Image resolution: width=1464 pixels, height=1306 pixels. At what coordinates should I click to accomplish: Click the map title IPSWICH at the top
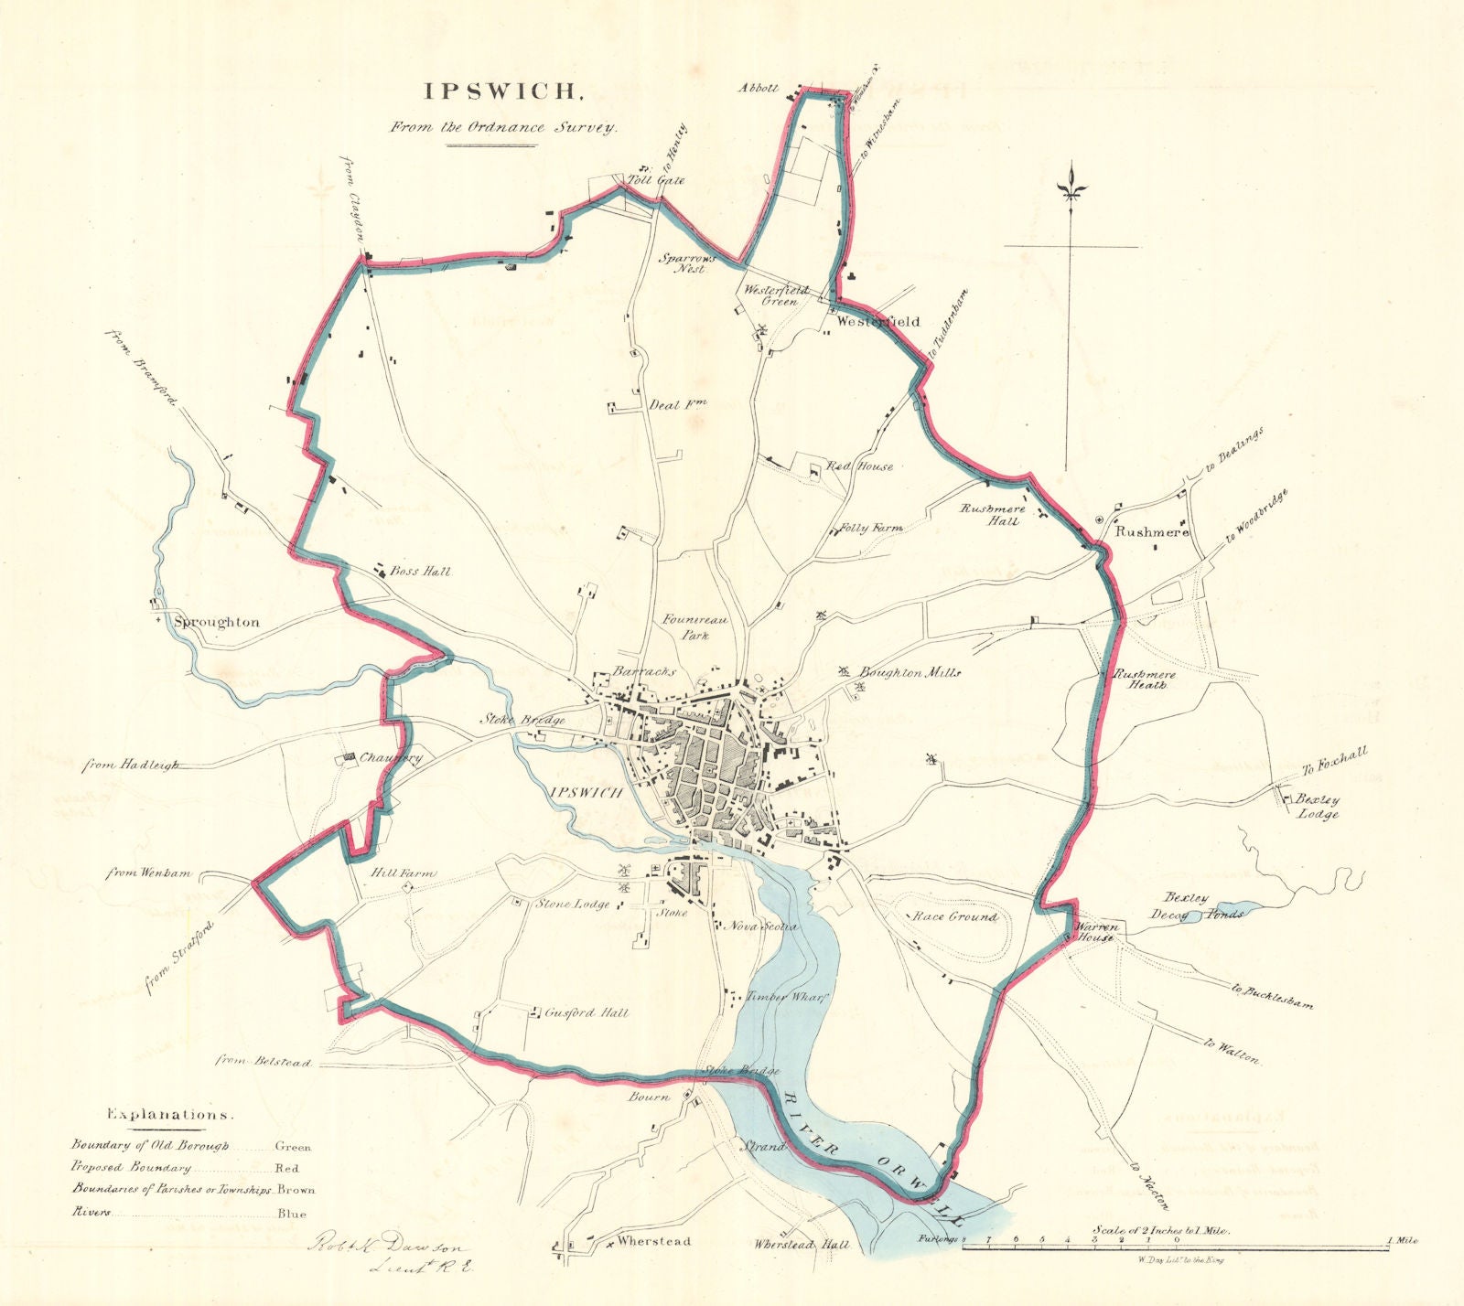pyautogui.click(x=501, y=91)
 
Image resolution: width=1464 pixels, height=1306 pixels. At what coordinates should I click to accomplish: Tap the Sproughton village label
pyautogui.click(x=217, y=622)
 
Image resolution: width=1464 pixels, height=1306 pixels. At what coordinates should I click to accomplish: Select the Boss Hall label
pyautogui.click(x=421, y=572)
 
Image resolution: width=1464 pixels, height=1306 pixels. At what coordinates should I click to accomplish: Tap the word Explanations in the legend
pyautogui.click(x=169, y=1116)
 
